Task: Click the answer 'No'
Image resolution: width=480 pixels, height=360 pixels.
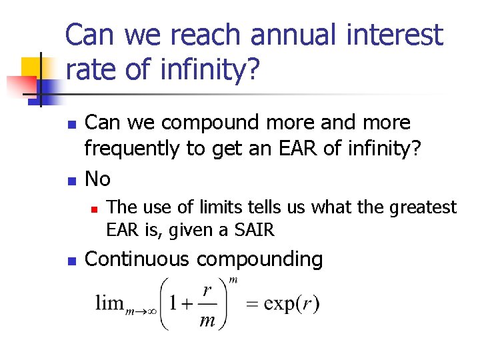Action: tap(99, 179)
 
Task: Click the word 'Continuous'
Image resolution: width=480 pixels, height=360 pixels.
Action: tap(137, 259)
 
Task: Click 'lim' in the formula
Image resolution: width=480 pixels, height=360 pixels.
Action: tap(109, 303)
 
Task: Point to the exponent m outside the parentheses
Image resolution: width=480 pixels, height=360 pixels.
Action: tap(233, 280)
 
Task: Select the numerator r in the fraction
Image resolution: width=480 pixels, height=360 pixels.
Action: tap(207, 291)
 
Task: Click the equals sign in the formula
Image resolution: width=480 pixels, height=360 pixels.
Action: tap(253, 305)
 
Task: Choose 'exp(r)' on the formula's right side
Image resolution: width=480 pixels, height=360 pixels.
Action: tap(291, 304)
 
